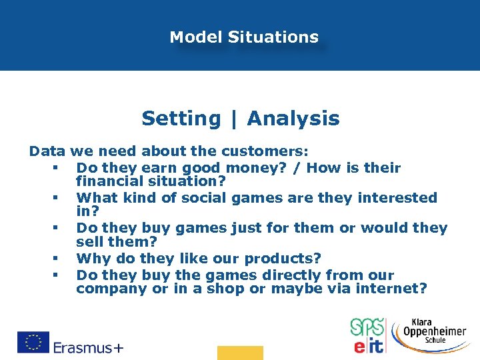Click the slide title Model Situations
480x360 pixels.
pyautogui.click(x=244, y=37)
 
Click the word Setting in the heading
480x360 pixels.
pyautogui.click(x=181, y=119)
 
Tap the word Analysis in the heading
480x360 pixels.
pyautogui.click(x=293, y=119)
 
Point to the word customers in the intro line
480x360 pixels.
pyautogui.click(x=271, y=151)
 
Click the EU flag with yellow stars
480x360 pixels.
pyautogui.click(x=33, y=342)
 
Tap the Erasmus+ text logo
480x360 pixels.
pyautogui.click(x=89, y=347)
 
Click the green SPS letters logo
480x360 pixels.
pyautogui.click(x=367, y=327)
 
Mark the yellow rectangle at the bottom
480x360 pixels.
pyautogui.click(x=240, y=353)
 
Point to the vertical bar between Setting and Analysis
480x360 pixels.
pyautogui.click(x=233, y=119)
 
